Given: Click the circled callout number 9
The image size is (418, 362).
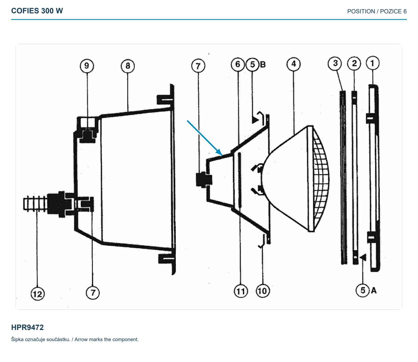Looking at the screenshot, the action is [x=87, y=66].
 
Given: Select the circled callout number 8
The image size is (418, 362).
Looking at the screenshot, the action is [x=128, y=66].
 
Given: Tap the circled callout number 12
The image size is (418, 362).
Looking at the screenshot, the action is [x=38, y=294].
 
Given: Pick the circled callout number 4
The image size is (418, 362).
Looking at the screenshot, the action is [x=293, y=64].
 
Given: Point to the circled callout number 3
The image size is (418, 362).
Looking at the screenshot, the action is [x=335, y=63].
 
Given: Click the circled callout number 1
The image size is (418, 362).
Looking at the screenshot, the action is [x=373, y=63].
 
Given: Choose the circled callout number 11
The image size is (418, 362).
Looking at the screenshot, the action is [x=241, y=291].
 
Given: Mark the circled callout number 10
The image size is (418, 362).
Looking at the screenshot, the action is [x=263, y=291].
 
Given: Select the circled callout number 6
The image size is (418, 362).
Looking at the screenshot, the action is [x=238, y=64].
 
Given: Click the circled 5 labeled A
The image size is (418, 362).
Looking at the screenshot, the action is [x=363, y=290].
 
